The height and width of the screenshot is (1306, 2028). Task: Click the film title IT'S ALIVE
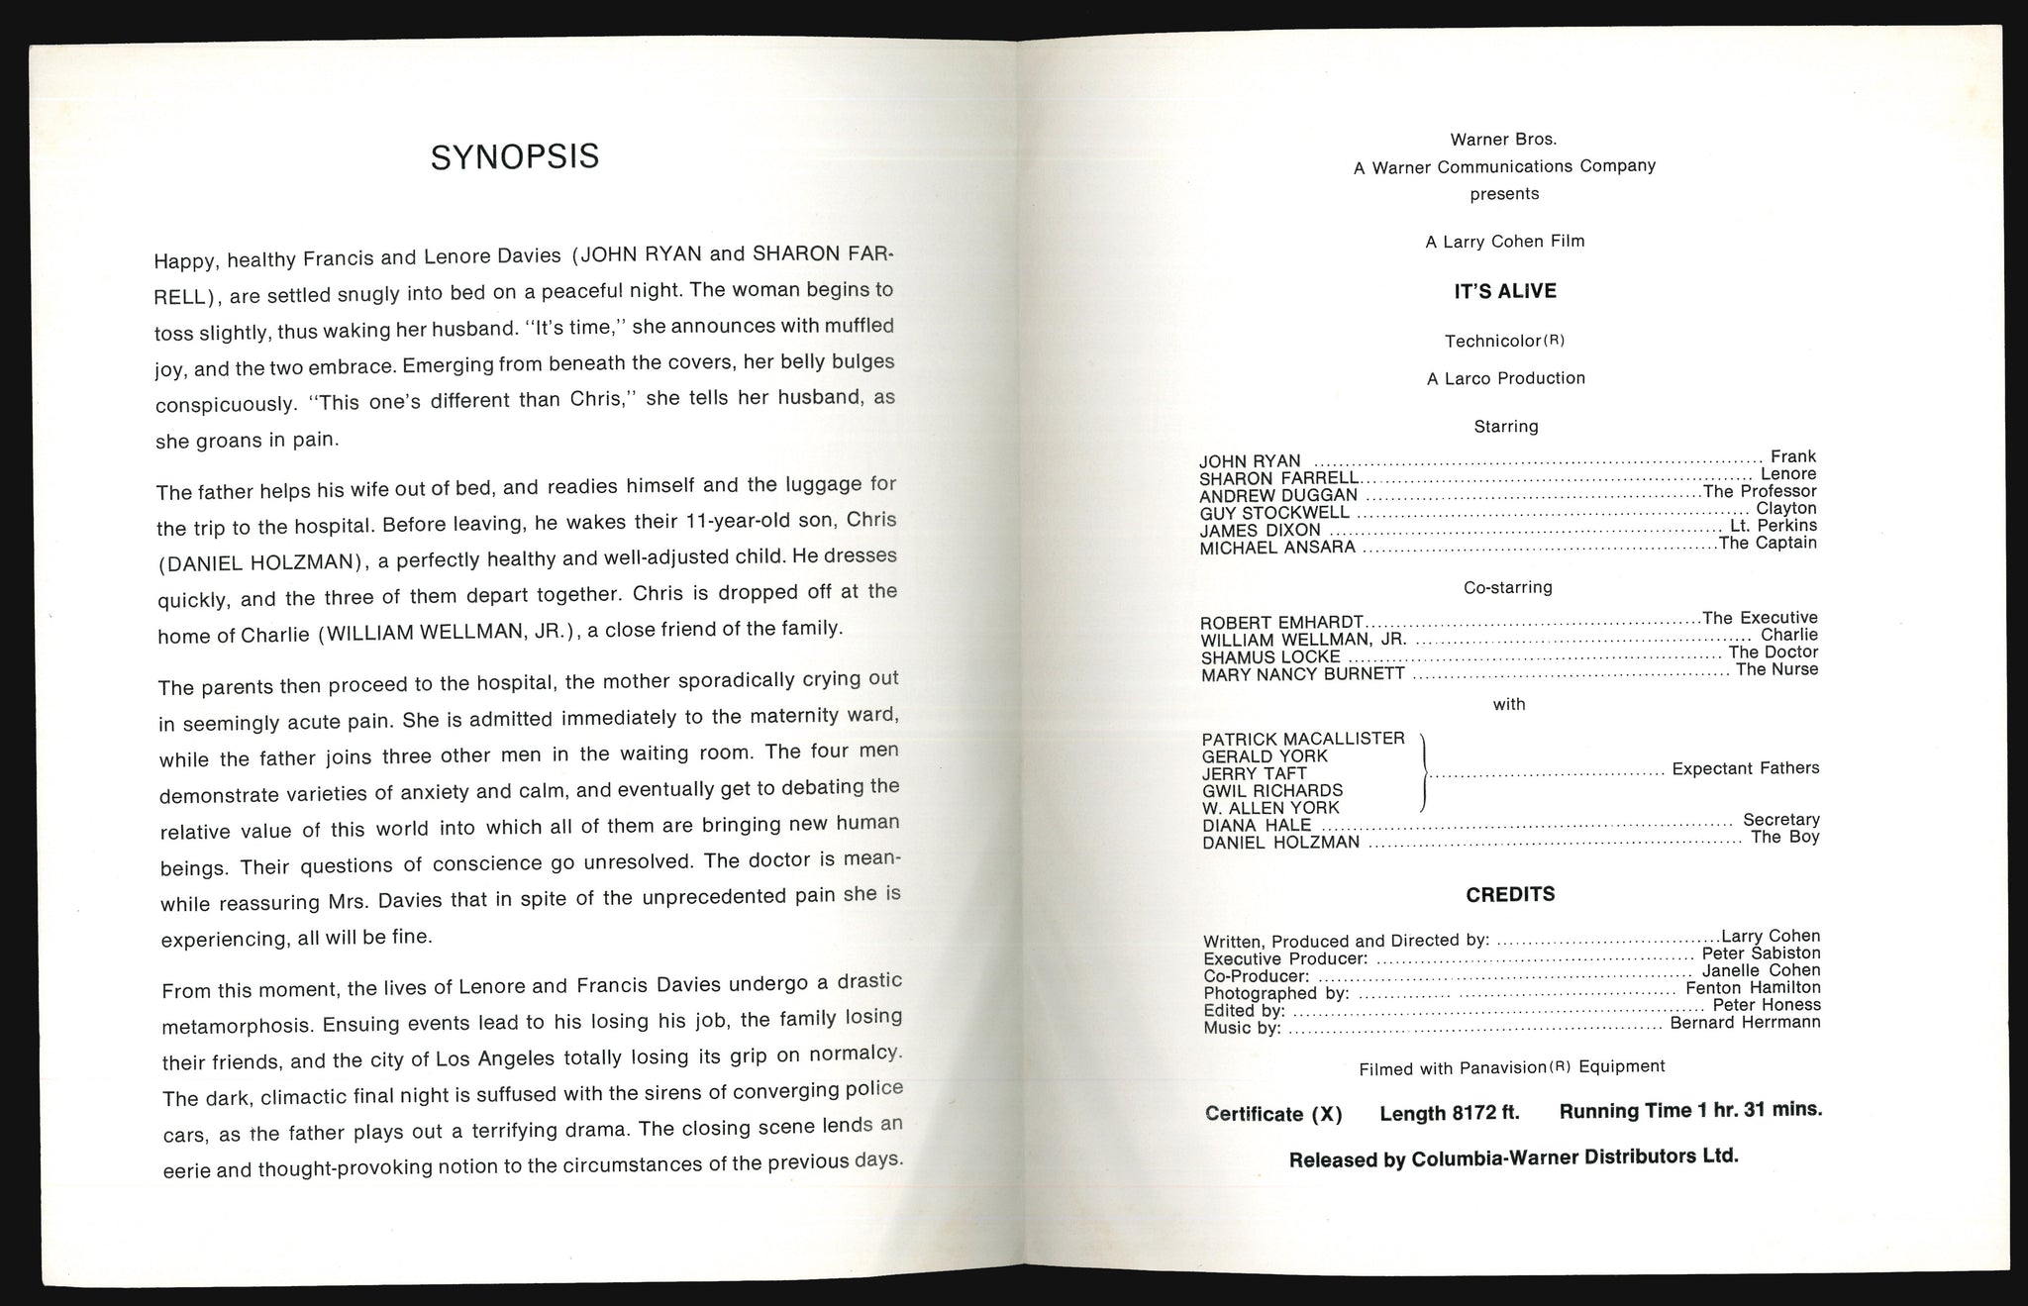(1505, 291)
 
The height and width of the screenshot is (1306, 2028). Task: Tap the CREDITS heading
(1510, 895)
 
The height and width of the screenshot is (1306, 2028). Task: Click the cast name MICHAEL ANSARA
(1277, 548)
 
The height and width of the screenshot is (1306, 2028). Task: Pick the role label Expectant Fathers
(1745, 768)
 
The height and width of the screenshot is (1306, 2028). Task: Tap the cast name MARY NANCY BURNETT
(1302, 674)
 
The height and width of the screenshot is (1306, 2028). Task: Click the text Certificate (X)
(1273, 1114)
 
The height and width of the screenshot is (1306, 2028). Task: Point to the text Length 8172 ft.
(1449, 1113)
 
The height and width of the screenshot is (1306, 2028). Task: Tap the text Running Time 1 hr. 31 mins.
(1690, 1111)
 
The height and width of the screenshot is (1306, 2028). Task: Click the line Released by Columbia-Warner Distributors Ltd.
(1513, 1157)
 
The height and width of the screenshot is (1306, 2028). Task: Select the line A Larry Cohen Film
(1505, 242)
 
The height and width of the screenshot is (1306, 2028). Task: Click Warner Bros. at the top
(1503, 140)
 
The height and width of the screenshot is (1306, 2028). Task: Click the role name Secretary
(1780, 820)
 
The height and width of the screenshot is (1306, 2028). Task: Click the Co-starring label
(1507, 587)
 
